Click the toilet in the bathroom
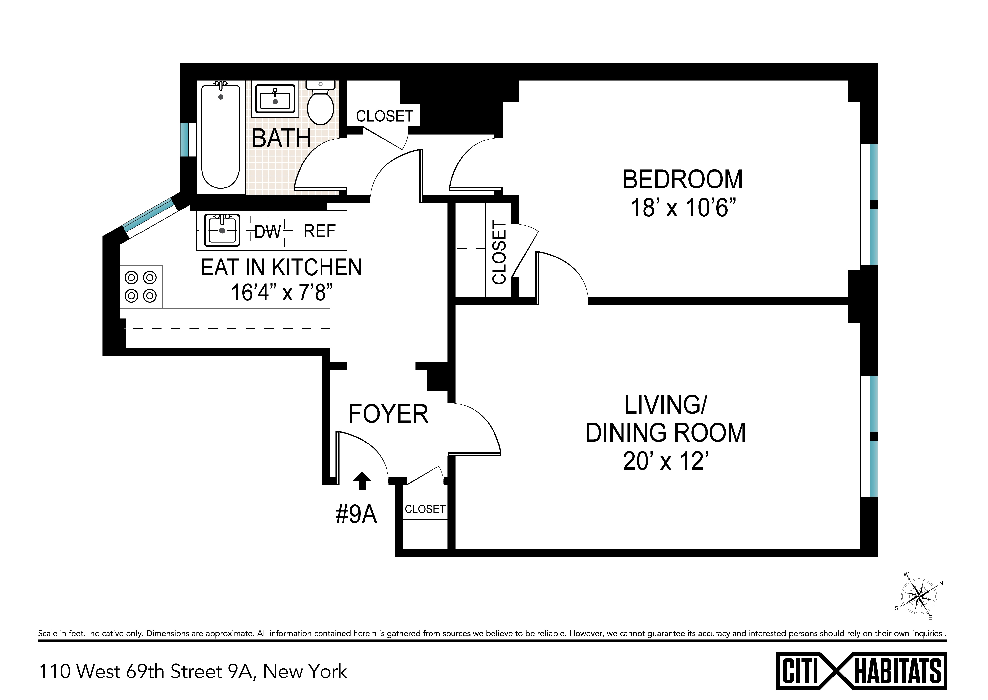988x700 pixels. tap(321, 103)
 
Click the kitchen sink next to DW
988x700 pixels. tap(222, 230)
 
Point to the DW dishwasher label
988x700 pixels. tap(267, 232)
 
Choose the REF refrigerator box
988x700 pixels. tap(320, 231)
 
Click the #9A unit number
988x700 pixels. tap(356, 515)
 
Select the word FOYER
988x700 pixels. tap(388, 414)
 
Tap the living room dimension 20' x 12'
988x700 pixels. tap(666, 462)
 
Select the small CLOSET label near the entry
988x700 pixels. tap(425, 509)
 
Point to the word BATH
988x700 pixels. tap(281, 138)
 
